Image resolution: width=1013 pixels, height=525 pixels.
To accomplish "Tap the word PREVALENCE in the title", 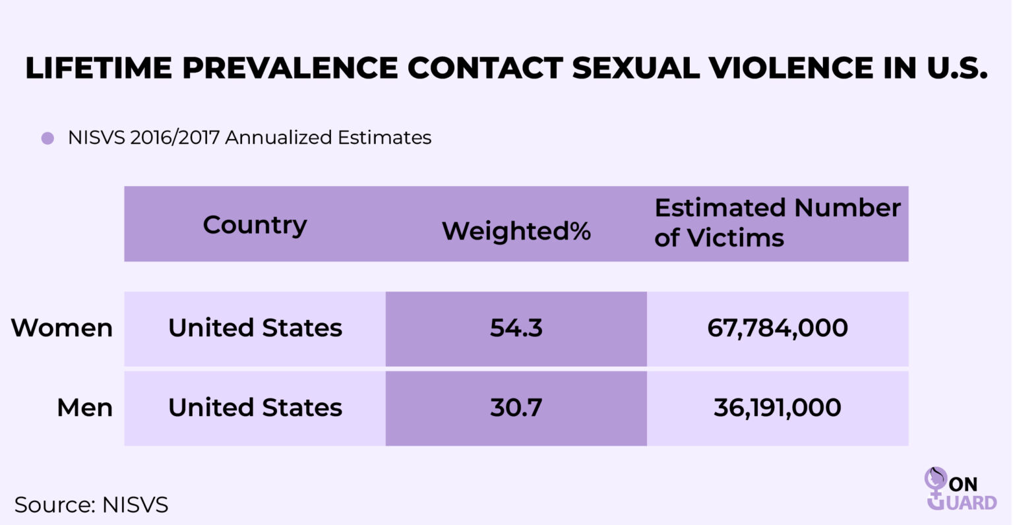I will pyautogui.click(x=290, y=69).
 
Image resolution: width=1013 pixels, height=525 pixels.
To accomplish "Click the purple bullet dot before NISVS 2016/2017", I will pyautogui.click(x=47, y=138).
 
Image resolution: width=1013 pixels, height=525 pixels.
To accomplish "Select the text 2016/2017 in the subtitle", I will pyautogui.click(x=175, y=137).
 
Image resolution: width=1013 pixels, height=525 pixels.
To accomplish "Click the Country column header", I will pyautogui.click(x=255, y=225).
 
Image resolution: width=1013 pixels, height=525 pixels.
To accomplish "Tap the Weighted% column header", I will pyautogui.click(x=516, y=231).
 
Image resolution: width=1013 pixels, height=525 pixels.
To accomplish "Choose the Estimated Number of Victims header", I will pyautogui.click(x=777, y=222).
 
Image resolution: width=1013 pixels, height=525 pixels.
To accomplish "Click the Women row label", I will pyautogui.click(x=62, y=328).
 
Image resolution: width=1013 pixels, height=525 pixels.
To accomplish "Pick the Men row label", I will pyautogui.click(x=84, y=408).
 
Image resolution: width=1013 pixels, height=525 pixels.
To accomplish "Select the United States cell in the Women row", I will pyautogui.click(x=255, y=328).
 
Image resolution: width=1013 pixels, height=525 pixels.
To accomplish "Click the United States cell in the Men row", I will pyautogui.click(x=255, y=408).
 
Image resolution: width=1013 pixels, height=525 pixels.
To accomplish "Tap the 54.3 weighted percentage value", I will pyautogui.click(x=516, y=328).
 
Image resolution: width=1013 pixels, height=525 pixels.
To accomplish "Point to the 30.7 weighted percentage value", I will pyautogui.click(x=516, y=408).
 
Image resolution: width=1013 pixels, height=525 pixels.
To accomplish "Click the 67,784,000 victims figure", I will pyautogui.click(x=778, y=328).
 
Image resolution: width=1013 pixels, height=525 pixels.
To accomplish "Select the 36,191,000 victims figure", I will pyautogui.click(x=778, y=408).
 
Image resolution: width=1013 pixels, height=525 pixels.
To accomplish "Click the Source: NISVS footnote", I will pyautogui.click(x=91, y=505).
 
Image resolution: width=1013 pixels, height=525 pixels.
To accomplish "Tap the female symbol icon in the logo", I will pyautogui.click(x=935, y=485).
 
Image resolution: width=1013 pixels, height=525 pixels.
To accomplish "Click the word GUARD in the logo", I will pyautogui.click(x=969, y=503).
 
